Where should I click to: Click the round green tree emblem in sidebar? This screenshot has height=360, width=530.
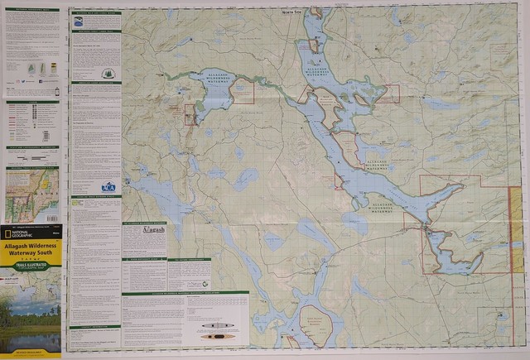[108, 73]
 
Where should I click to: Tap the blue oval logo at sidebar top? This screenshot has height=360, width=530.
[77, 24]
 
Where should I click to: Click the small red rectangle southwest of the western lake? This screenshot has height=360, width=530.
[190, 114]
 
